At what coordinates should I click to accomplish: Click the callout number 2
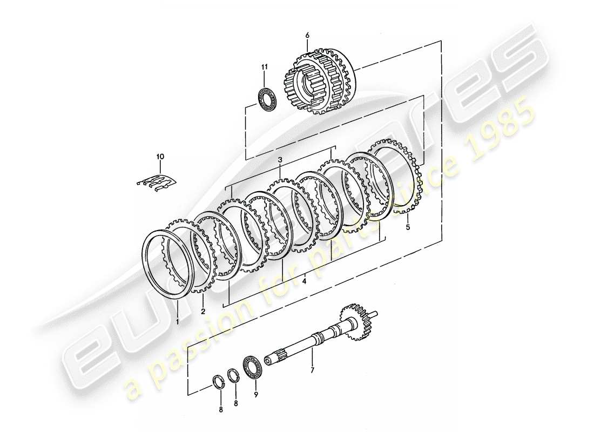tap(203, 311)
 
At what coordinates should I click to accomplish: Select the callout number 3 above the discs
tap(280, 160)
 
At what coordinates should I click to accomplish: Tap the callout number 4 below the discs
tap(305, 281)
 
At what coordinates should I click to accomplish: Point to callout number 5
tap(408, 227)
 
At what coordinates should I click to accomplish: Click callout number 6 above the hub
tap(307, 36)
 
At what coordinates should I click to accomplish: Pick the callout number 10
tap(160, 157)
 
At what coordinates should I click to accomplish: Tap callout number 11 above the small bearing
tap(265, 66)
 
